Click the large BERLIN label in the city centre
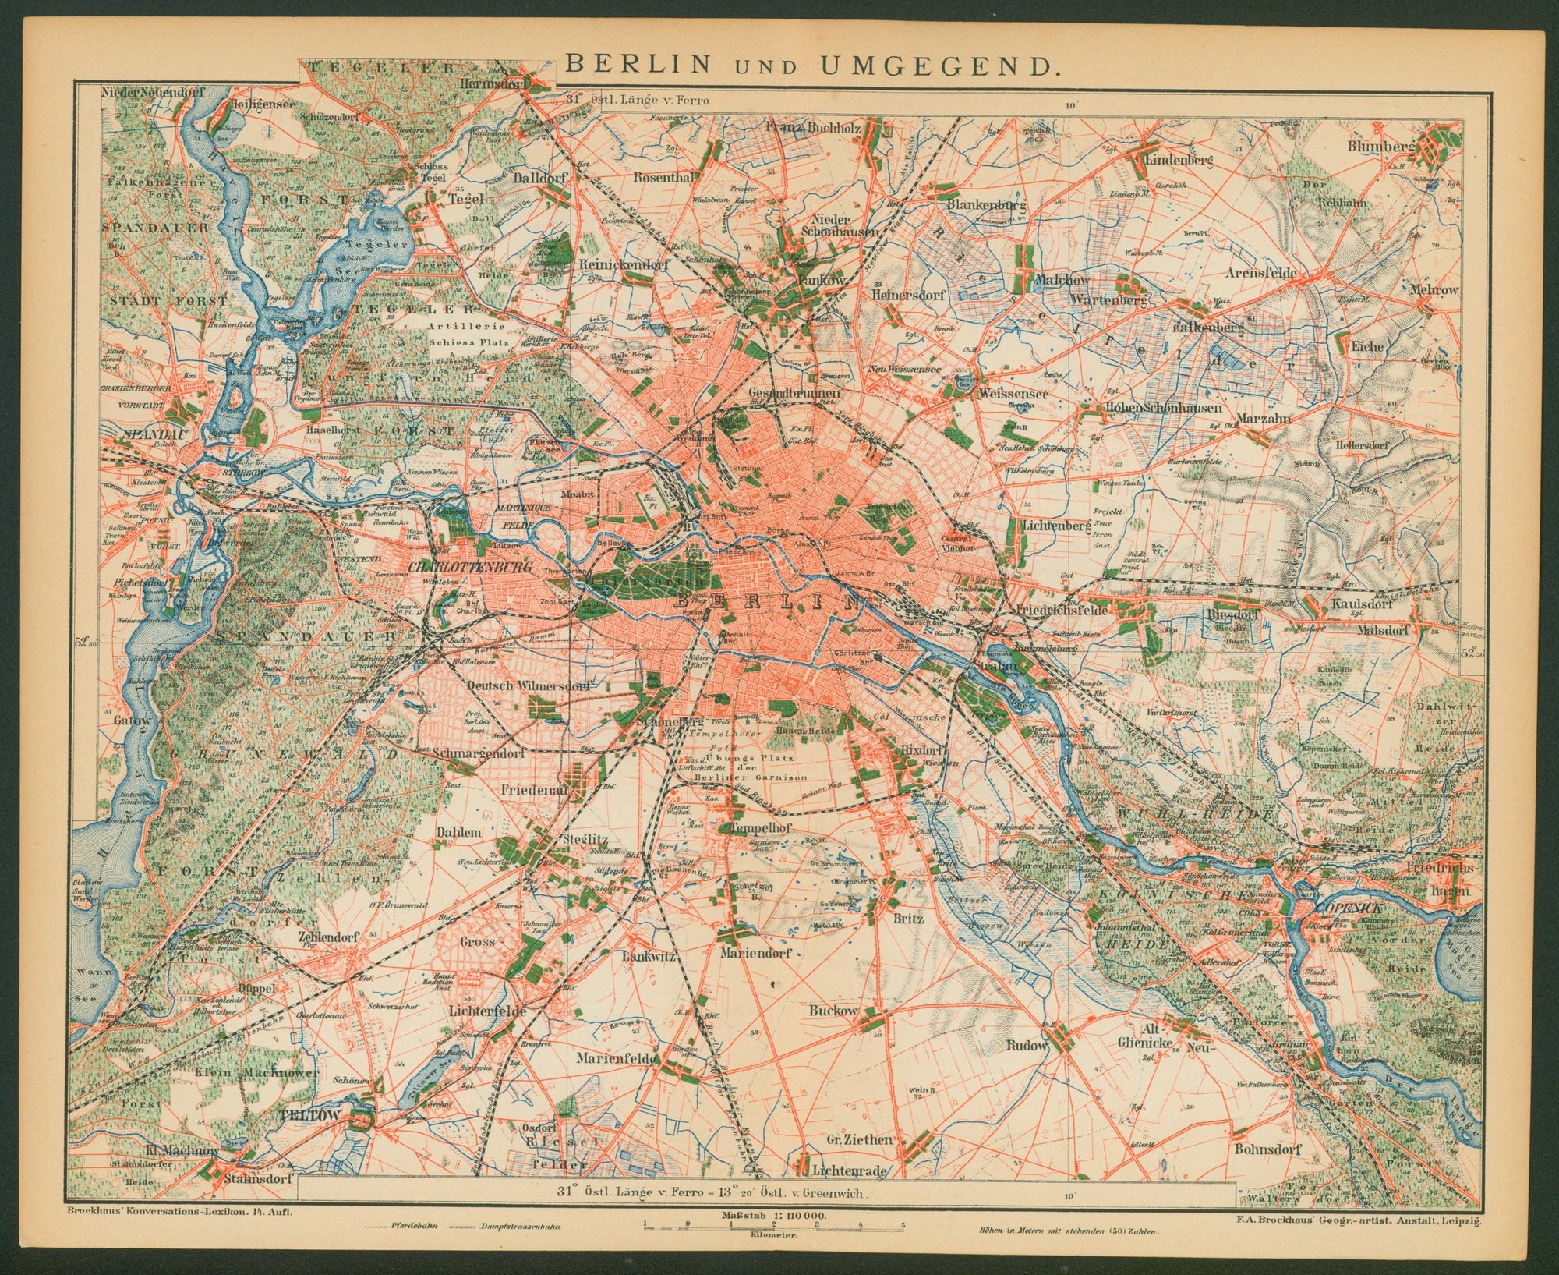click(767, 600)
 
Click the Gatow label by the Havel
click(132, 721)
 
